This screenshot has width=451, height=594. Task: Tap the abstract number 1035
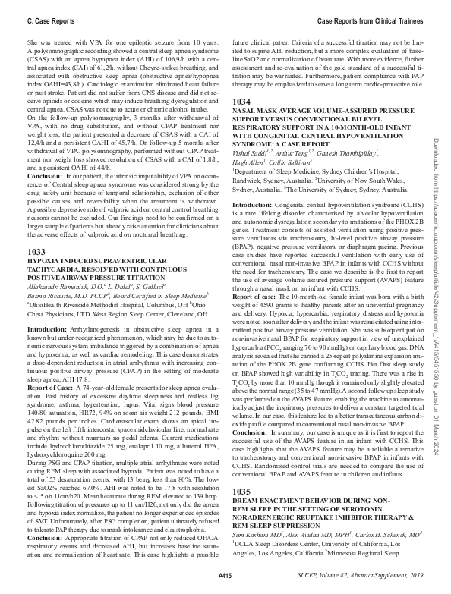click(x=241, y=492)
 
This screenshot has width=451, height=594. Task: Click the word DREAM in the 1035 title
click(x=247, y=501)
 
